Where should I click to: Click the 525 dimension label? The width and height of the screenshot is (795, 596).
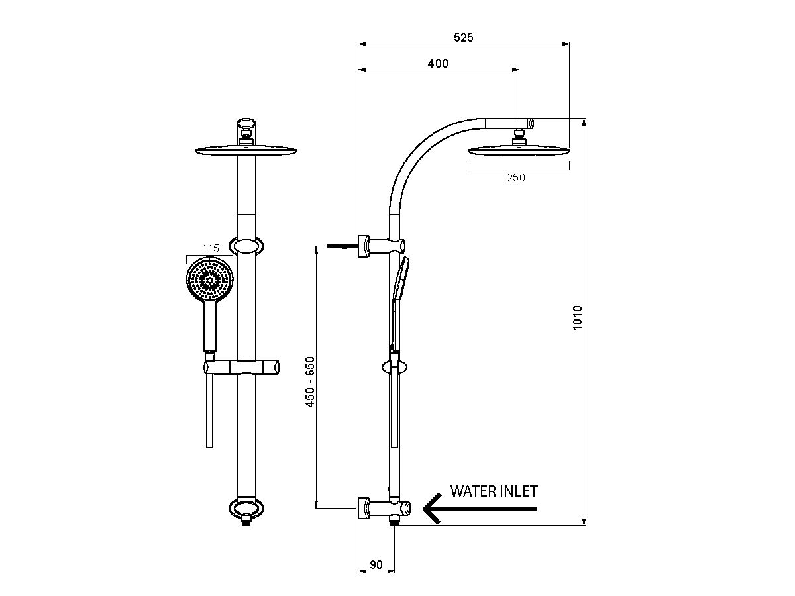point(464,38)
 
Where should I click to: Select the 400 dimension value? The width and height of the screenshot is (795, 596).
point(438,64)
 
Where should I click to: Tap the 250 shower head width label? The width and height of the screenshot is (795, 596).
point(515,177)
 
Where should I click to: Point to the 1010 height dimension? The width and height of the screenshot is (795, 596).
point(577,319)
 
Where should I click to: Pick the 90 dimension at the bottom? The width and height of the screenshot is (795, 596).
point(376,564)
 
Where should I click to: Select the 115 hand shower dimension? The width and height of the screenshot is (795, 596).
point(210,248)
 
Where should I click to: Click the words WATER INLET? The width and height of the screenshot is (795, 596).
point(494,491)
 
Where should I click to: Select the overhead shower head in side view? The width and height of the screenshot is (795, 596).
point(519,151)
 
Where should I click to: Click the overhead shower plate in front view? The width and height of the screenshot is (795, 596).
point(246,152)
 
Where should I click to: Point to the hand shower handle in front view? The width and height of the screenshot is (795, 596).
point(210,328)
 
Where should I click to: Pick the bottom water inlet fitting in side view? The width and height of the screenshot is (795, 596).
point(384,509)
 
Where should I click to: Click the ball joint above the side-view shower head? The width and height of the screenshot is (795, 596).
point(519,137)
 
